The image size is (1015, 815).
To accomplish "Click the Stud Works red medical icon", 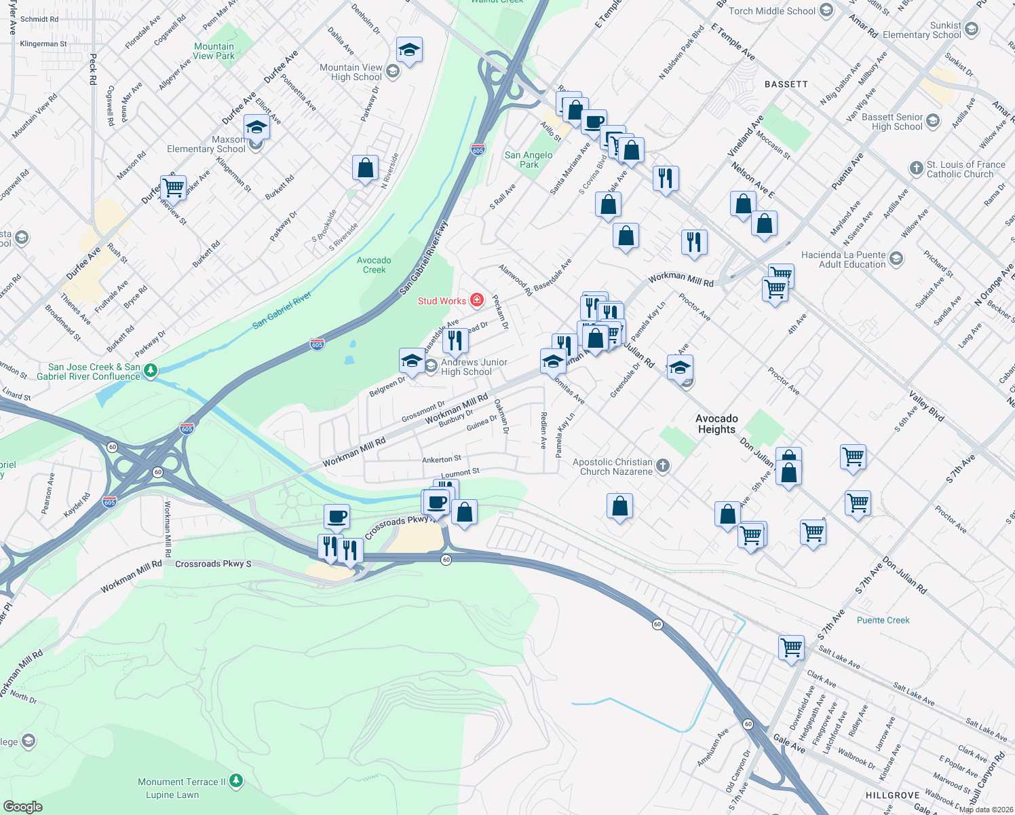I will [477, 300].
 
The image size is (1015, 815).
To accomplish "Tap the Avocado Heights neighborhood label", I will [716, 424].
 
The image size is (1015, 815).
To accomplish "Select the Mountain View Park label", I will [214, 51].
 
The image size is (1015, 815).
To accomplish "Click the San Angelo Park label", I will [529, 160].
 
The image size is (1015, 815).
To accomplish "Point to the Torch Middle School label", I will [771, 11].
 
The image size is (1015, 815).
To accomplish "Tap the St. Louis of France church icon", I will [916, 166].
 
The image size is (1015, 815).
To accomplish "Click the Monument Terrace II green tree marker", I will [236, 781].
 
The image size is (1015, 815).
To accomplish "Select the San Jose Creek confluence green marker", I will [151, 370].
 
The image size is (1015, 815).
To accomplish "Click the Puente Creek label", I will [883, 620].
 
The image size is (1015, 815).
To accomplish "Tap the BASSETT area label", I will [786, 84].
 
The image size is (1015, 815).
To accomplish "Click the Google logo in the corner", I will [22, 806].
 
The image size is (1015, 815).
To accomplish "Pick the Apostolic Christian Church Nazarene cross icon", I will [663, 465].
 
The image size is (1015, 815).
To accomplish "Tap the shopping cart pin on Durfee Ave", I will [174, 187].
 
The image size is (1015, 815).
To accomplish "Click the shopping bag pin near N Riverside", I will [365, 168].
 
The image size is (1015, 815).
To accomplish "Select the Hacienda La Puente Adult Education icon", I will [896, 258].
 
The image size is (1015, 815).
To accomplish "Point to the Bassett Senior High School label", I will [892, 122].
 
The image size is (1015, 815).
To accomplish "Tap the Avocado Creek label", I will [374, 265].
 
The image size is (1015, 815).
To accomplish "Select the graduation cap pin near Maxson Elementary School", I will [256, 127].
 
